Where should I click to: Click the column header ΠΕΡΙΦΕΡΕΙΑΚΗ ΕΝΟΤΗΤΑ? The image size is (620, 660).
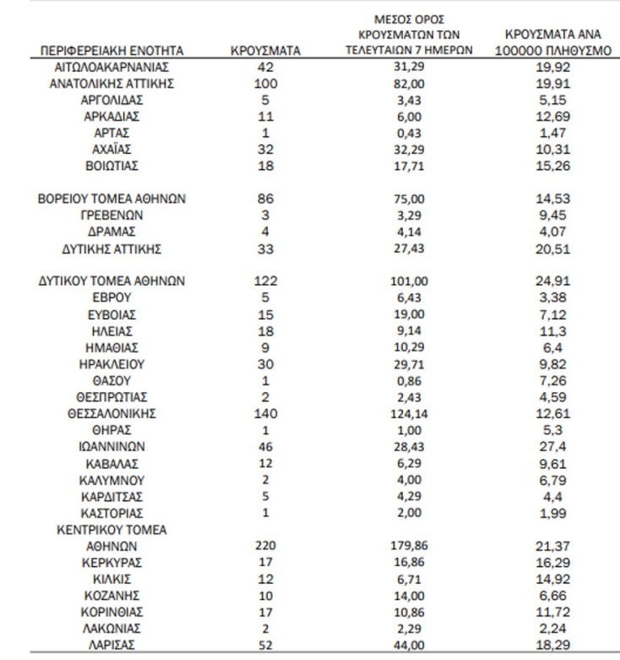111,51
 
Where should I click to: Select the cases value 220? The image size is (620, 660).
266,546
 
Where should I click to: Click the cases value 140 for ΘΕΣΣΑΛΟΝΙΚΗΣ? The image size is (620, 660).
266,414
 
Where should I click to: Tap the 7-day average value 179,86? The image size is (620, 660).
409,546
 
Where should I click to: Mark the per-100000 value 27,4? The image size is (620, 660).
551,447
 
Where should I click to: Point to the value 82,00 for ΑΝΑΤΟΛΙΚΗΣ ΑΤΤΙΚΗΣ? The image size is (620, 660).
409,83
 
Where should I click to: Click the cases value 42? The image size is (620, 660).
266,66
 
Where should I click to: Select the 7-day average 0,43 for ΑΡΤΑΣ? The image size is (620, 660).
409,133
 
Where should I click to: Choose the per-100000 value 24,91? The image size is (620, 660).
551,281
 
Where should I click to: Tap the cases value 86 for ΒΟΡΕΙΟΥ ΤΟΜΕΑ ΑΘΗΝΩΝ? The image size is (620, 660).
266,199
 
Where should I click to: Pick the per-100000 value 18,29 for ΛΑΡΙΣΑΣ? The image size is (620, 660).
551,644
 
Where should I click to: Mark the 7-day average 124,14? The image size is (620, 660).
409,414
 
